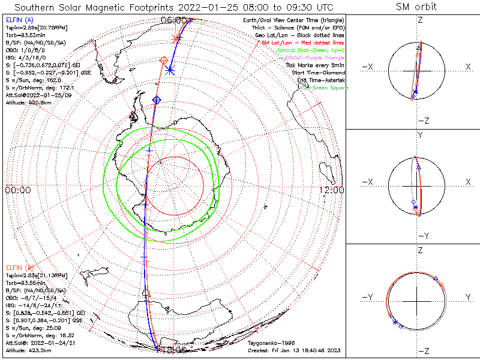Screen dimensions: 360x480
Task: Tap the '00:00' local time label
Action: click(17, 190)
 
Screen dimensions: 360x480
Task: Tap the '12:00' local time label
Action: click(331, 190)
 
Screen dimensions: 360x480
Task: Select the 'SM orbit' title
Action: click(416, 7)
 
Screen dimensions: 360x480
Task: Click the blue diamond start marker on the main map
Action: click(157, 99)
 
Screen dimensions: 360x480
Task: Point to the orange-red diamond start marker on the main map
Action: click(163, 59)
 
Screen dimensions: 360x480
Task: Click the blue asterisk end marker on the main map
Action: click(170, 70)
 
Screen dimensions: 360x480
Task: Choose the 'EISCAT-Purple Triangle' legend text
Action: click(314, 58)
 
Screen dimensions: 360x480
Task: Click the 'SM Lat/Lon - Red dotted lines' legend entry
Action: click(304, 43)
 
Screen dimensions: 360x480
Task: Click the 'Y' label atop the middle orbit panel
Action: click(419, 136)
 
